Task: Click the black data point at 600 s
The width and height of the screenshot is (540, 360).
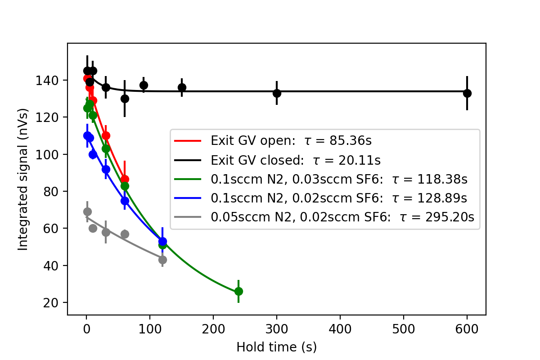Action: pyautogui.click(x=467, y=93)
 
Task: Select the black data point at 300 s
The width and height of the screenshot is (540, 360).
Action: pyautogui.click(x=277, y=93)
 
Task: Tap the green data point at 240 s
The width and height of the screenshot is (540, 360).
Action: pyautogui.click(x=238, y=292)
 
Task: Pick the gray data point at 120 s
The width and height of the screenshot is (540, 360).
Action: pyautogui.click(x=162, y=260)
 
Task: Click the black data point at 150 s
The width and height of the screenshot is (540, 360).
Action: pyautogui.click(x=182, y=87)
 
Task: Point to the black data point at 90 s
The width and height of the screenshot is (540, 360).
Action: pyautogui.click(x=144, y=85)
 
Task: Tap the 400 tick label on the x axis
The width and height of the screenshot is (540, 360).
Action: pyautogui.click(x=340, y=327)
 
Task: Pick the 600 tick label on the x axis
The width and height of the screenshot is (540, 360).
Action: pyautogui.click(x=467, y=327)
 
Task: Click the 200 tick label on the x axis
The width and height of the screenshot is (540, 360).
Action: pyautogui.click(x=213, y=327)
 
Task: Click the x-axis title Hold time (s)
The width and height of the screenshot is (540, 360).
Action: pyautogui.click(x=276, y=347)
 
